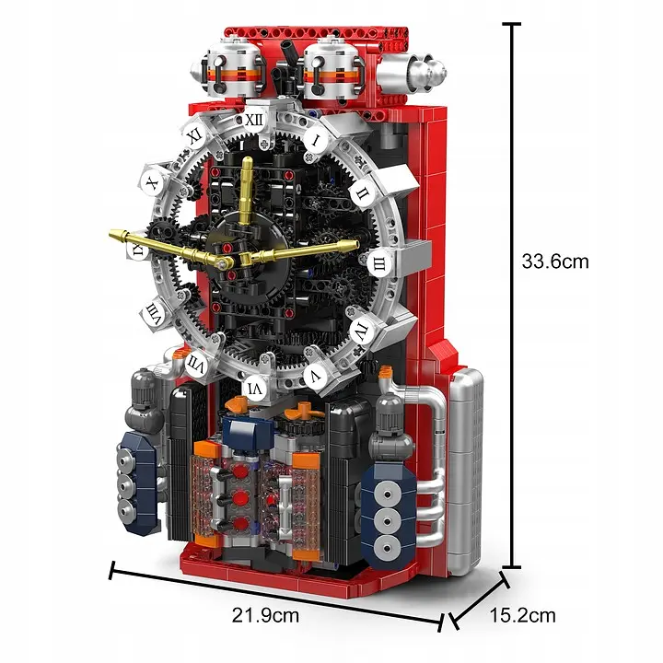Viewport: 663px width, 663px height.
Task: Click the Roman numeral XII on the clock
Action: pyautogui.click(x=257, y=119)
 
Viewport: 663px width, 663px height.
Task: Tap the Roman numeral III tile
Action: pyautogui.click(x=377, y=263)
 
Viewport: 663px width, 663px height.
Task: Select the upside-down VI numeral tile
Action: pyautogui.click(x=255, y=390)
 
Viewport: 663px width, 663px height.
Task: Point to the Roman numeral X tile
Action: pyautogui.click(x=153, y=183)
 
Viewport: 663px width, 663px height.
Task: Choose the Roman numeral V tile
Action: pyautogui.click(x=315, y=376)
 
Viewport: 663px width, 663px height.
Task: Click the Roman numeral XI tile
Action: pyautogui.click(x=194, y=134)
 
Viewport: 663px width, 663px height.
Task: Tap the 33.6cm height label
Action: pyautogui.click(x=554, y=262)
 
